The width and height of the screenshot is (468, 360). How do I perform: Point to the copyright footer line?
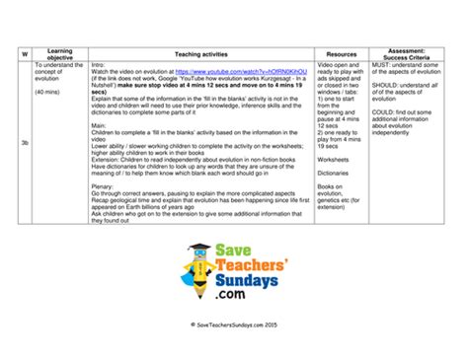coord(233,349)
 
